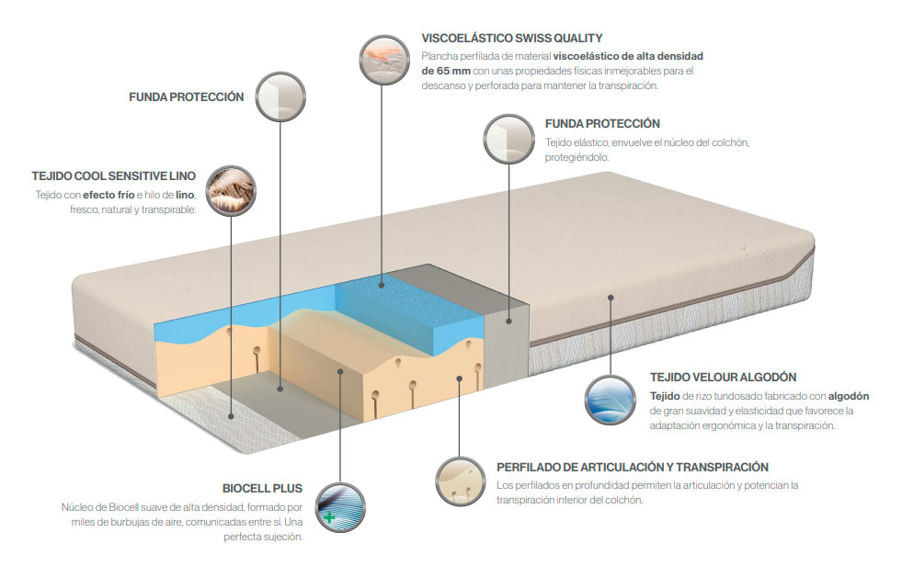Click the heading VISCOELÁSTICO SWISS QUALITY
[x=512, y=39]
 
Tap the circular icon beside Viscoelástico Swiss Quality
[x=384, y=59]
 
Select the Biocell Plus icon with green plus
[x=340, y=507]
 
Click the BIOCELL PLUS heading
[x=262, y=489]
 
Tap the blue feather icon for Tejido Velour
[x=611, y=400]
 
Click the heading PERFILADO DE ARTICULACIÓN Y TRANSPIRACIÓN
[x=633, y=468]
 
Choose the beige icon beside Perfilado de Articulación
[x=461, y=481]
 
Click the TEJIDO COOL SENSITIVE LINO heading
[x=114, y=175]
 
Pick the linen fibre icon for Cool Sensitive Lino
[x=231, y=191]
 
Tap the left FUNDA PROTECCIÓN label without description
[x=187, y=97]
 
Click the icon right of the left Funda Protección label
[x=280, y=96]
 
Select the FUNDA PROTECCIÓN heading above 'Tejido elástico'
[x=602, y=123]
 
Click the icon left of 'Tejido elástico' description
[x=509, y=139]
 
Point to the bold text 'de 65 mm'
[x=446, y=71]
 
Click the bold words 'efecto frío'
[x=108, y=195]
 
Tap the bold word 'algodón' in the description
[x=849, y=396]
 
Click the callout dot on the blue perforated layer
[x=382, y=285]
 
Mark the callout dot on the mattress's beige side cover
[x=611, y=298]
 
